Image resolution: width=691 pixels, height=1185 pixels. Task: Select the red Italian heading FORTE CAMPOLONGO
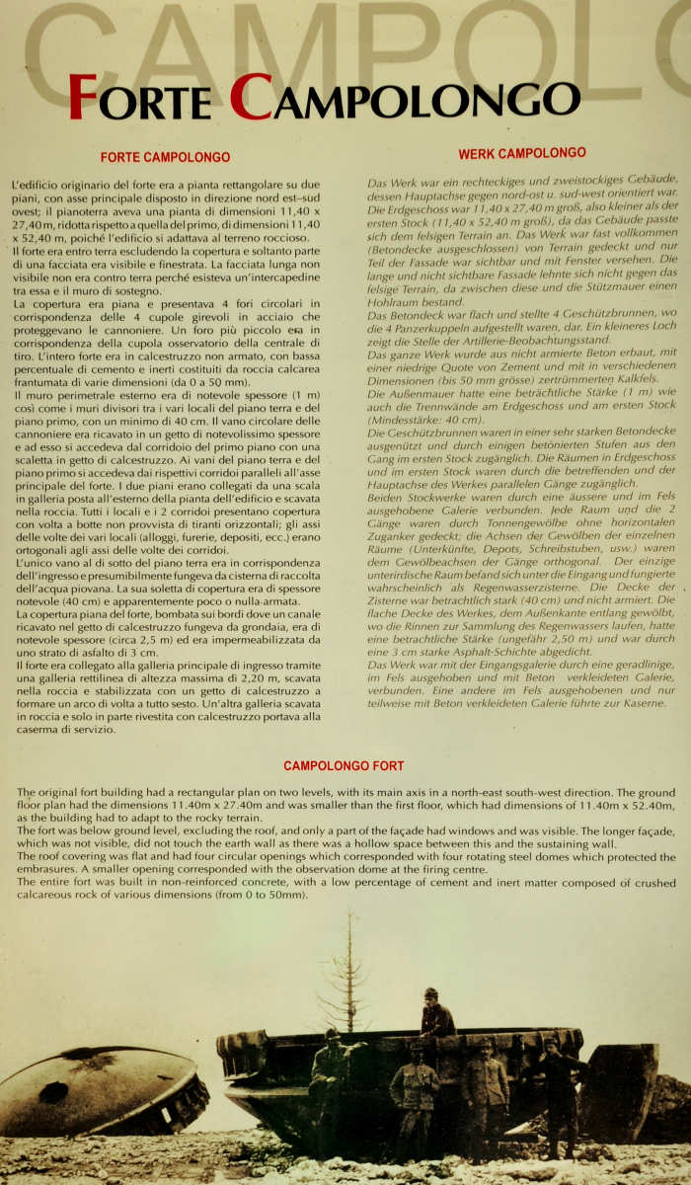pos(165,157)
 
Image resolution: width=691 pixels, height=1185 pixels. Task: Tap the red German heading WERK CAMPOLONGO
pos(521,153)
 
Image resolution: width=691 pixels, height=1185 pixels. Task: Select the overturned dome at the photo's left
pos(99,1091)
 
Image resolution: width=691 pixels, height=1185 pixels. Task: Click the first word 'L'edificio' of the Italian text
pos(37,185)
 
